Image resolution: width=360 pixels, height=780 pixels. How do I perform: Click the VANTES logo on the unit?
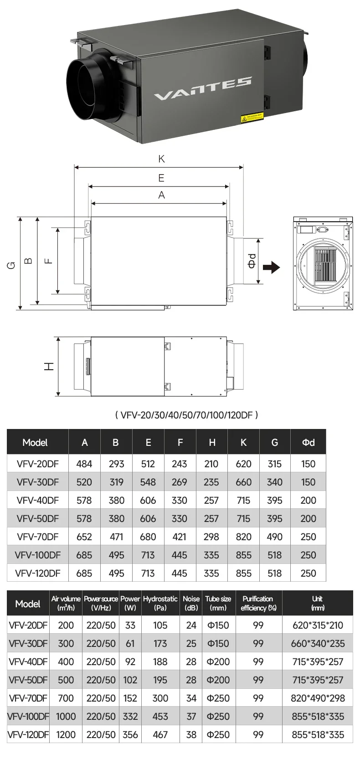(202, 89)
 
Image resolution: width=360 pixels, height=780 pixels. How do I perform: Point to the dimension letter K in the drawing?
(161, 159)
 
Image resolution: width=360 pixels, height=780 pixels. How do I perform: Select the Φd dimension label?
(252, 261)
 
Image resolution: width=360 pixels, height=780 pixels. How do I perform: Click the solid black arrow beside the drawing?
(272, 267)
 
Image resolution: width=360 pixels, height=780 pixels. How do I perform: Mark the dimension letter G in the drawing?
(11, 264)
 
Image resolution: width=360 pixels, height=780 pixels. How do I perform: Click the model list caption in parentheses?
(186, 415)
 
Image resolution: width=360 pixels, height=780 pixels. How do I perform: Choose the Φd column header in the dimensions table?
(308, 442)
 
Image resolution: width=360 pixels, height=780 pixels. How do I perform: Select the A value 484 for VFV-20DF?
(84, 464)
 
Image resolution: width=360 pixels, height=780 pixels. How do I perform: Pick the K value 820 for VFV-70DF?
(243, 537)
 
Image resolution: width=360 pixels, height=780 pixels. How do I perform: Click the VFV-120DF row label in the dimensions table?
(37, 573)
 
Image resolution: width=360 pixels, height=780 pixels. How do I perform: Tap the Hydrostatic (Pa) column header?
(160, 603)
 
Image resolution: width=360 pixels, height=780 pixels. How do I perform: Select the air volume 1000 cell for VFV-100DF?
(66, 716)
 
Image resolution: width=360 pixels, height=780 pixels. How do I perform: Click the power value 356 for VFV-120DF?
(130, 734)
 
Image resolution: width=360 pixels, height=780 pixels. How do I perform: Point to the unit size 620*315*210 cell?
(318, 625)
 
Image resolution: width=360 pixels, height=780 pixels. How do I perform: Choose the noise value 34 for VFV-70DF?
(191, 698)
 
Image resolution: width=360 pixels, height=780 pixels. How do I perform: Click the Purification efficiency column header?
(258, 603)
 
